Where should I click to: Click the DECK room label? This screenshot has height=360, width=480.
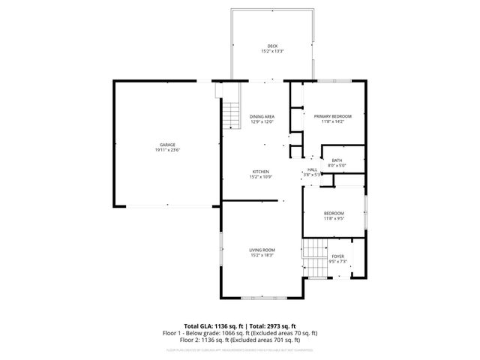(x=271, y=46)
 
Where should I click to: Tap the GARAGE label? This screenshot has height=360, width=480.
(x=166, y=145)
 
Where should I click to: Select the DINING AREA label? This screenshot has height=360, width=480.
(x=262, y=116)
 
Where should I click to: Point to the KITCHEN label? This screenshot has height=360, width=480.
(x=260, y=172)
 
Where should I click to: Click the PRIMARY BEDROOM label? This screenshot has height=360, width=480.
(x=332, y=116)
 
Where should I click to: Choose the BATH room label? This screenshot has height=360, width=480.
(x=337, y=160)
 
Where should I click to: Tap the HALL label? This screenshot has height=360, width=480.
(x=313, y=169)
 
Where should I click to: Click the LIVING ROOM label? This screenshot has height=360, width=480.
(x=262, y=250)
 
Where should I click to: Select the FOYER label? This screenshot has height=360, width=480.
(x=338, y=256)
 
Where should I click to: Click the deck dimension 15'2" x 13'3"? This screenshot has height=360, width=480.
(x=271, y=51)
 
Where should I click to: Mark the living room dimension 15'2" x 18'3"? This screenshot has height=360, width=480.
(x=262, y=255)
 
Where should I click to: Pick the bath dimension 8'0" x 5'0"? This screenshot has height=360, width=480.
(x=337, y=165)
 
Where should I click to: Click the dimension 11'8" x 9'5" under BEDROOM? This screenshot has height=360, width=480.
(x=333, y=218)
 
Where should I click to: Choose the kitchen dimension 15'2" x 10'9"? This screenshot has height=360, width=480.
(x=260, y=177)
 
